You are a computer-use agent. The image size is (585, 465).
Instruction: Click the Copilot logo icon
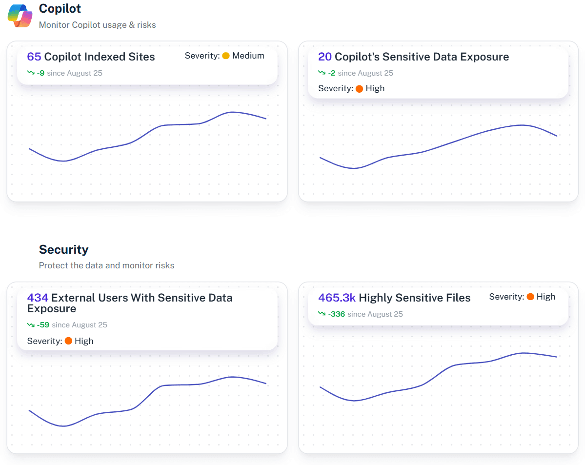(20, 16)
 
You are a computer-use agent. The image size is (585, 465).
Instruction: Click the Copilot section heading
(60, 8)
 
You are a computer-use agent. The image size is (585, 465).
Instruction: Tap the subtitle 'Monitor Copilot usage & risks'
(97, 25)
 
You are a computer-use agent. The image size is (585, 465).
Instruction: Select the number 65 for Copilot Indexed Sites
(34, 57)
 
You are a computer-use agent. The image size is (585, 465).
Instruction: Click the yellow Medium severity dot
(226, 56)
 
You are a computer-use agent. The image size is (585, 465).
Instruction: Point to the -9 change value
(40, 73)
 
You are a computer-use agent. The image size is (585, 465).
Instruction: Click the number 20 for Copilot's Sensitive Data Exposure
(324, 57)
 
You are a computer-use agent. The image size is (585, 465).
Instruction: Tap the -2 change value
(331, 73)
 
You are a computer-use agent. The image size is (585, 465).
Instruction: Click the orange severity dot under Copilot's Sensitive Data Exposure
(360, 89)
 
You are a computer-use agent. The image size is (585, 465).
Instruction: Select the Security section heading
(63, 249)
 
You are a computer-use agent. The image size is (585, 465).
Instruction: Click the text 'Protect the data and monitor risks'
(106, 265)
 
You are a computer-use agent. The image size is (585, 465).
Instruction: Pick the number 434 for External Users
(38, 298)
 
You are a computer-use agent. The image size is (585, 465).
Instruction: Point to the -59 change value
(43, 325)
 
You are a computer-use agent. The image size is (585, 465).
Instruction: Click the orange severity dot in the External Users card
(69, 341)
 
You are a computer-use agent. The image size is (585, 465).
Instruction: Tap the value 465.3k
(337, 298)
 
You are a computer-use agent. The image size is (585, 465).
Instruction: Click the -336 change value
(337, 314)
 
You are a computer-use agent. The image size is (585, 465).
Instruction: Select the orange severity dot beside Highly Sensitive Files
(530, 297)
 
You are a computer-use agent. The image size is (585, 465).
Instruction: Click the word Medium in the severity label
(248, 56)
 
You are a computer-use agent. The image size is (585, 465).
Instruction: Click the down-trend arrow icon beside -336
(322, 314)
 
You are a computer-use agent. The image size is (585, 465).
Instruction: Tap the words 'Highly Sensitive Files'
(414, 298)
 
